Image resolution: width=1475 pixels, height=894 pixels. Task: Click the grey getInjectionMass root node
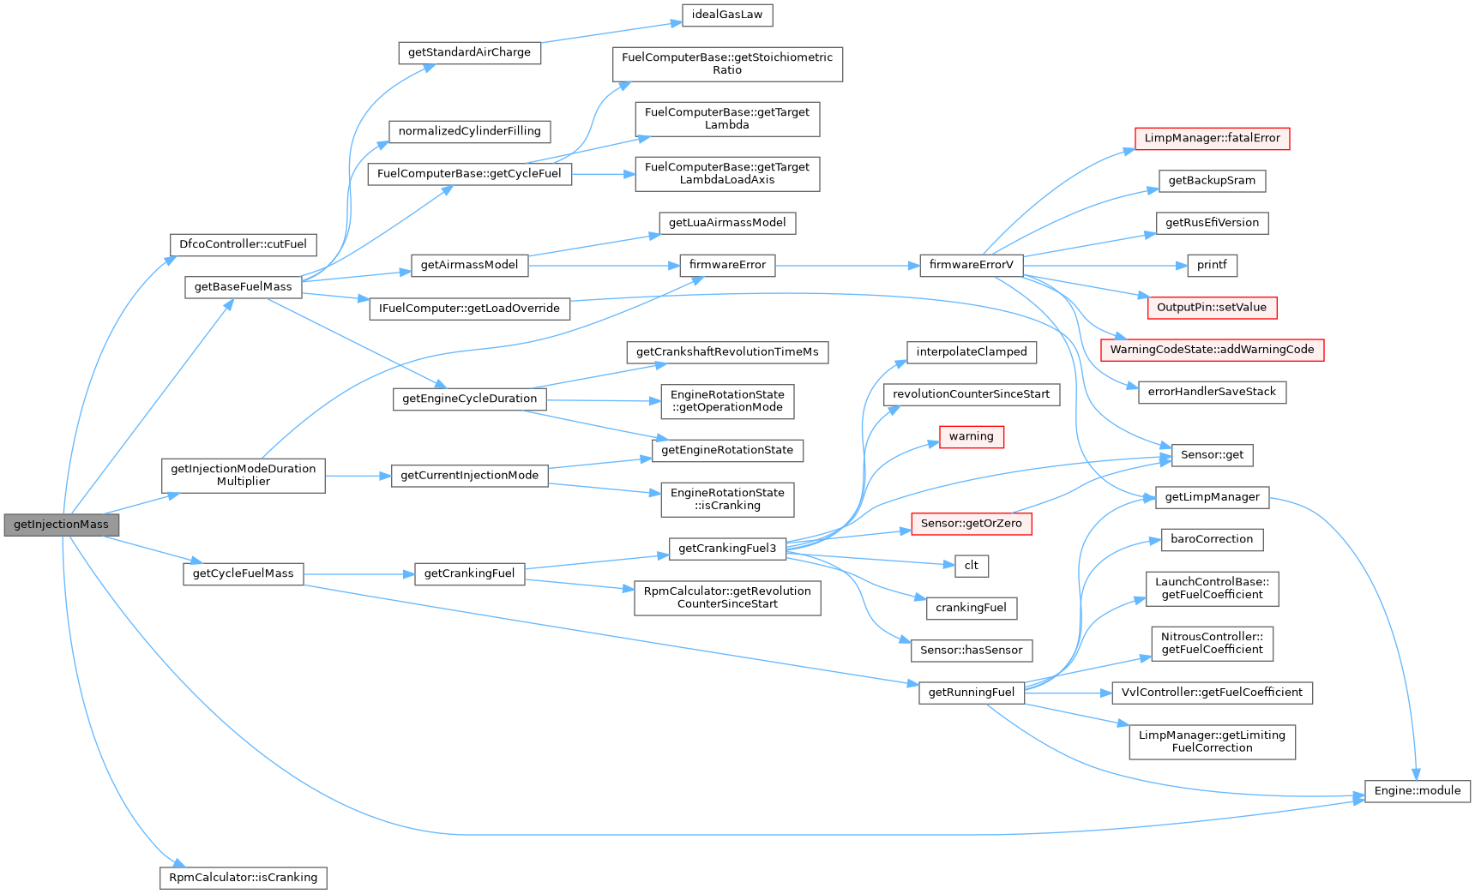(61, 525)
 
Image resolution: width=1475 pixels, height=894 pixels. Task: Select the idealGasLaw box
(727, 15)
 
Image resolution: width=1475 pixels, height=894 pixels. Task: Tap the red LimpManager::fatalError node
(1212, 138)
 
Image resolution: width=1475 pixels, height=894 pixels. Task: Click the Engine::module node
(1417, 791)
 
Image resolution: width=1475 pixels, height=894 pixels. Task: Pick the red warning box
(971, 437)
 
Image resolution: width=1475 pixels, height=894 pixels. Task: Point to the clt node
(971, 566)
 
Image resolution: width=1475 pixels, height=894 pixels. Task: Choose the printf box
(1212, 265)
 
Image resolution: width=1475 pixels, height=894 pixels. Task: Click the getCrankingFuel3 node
(727, 549)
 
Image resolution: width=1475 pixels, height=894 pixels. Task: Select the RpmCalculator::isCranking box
(243, 878)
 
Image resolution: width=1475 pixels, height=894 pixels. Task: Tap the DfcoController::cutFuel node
(243, 244)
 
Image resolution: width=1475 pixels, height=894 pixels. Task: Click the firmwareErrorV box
(971, 265)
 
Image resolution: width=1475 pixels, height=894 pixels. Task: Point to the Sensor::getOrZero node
(971, 524)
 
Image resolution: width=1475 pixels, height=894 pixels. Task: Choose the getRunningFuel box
(971, 693)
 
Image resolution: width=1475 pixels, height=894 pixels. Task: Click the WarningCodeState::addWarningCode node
(1212, 350)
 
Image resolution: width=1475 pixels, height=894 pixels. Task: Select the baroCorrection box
(1212, 539)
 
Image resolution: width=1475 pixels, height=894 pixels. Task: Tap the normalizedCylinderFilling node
(469, 131)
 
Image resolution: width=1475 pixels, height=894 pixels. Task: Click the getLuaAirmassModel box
(727, 223)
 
